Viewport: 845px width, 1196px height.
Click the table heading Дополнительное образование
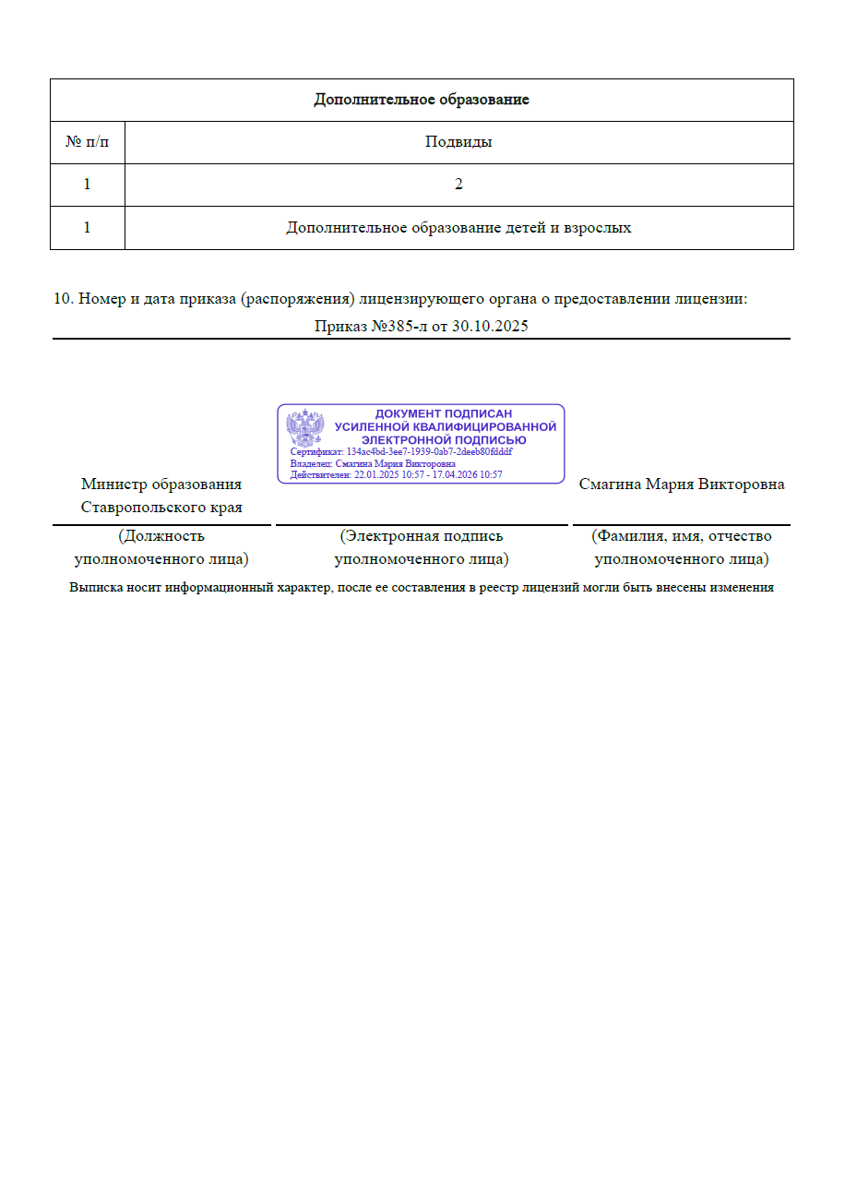[x=422, y=100]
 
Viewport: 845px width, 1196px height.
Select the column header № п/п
[x=87, y=142]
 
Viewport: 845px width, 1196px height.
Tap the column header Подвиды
[x=458, y=142]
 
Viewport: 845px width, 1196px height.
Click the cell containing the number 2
[x=458, y=185]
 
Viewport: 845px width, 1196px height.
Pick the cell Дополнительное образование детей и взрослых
[x=458, y=227]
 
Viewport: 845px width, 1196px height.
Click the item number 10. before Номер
[x=63, y=299]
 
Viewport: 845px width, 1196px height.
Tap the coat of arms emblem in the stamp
[x=304, y=429]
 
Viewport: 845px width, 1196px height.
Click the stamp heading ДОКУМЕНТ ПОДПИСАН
[x=444, y=414]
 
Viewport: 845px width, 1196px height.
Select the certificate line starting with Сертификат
[x=401, y=452]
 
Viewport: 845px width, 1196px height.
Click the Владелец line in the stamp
[x=373, y=463]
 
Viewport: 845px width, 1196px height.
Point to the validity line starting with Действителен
[x=396, y=474]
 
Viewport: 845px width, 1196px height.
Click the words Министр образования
[x=161, y=484]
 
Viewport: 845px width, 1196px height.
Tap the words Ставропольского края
[x=161, y=507]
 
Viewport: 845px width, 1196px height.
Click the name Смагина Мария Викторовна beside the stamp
[x=682, y=484]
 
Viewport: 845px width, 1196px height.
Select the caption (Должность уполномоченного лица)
[x=161, y=547]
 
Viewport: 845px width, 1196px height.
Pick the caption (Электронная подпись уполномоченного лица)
[x=422, y=547]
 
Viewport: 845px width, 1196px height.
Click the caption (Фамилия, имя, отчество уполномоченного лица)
[x=682, y=547]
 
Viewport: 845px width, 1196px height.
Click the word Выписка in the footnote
[x=96, y=588]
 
